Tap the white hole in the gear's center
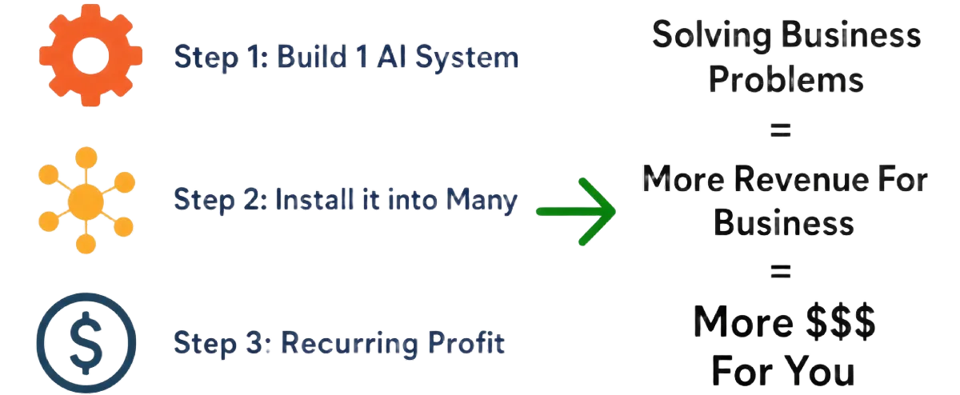point(90,56)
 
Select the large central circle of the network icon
point(86,201)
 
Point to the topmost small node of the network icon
point(86,158)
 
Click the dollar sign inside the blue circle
point(86,343)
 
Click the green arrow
point(576,212)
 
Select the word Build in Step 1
point(312,57)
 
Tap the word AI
point(391,57)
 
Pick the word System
point(466,58)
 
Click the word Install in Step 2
point(314,199)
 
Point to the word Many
point(482,201)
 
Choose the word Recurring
point(350,344)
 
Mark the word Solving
point(711,36)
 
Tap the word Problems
point(786,79)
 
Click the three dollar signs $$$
point(841,321)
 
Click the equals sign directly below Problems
point(781,130)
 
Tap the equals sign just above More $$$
point(781,271)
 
